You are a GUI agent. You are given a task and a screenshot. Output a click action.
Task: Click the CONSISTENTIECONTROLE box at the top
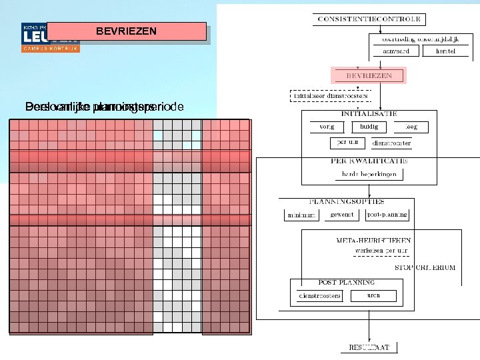point(369,19)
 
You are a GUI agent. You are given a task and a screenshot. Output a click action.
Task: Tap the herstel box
point(445,51)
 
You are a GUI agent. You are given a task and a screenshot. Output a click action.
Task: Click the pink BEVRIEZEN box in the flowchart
point(369,75)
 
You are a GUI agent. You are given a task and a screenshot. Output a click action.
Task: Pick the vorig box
point(327,126)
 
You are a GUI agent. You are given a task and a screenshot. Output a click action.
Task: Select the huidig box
point(369,126)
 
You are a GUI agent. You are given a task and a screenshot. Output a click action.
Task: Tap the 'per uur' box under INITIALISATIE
point(348,142)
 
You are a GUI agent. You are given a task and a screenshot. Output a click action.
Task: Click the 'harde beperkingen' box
point(369,174)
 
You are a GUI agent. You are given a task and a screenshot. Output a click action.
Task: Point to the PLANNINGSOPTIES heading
point(347,201)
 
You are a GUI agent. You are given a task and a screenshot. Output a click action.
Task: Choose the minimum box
point(301,215)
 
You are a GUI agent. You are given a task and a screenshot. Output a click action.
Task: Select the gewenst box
point(342,215)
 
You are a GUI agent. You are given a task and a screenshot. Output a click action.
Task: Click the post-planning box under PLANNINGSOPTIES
point(387,215)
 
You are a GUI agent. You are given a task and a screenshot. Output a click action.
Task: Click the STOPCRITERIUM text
point(425,267)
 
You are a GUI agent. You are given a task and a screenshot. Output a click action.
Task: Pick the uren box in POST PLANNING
point(373,295)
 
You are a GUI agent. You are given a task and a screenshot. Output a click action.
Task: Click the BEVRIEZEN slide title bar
point(127,31)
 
